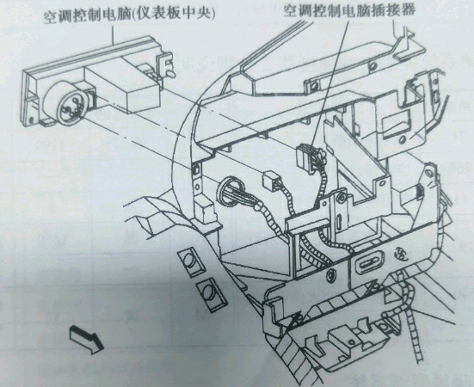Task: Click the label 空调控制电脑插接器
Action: [349, 11]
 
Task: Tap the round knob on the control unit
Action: [69, 103]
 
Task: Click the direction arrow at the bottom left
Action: [87, 339]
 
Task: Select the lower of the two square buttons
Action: [212, 293]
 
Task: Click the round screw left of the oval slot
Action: [332, 275]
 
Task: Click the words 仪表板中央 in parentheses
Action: [174, 15]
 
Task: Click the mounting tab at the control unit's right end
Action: [165, 66]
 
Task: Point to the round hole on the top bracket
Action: [373, 65]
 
